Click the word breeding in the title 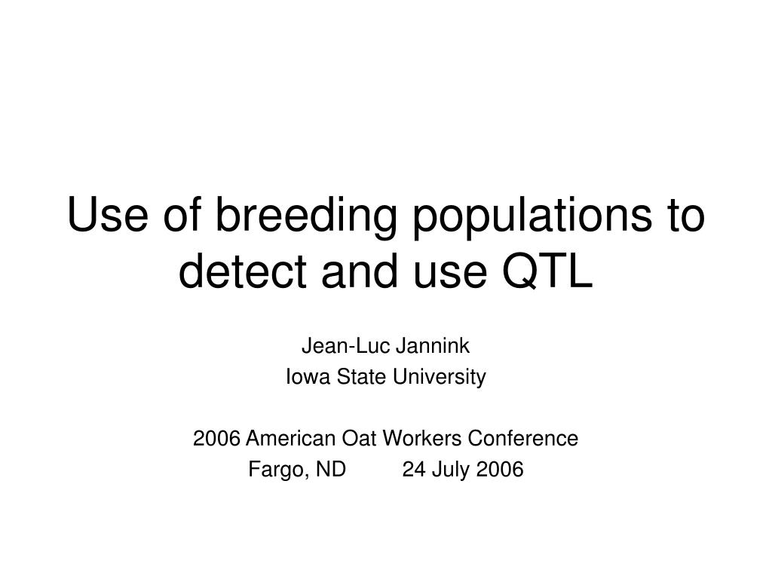tap(306, 216)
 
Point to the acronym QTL tap(547, 271)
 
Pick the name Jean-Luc tap(345, 345)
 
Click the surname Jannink tap(433, 345)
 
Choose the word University tap(440, 378)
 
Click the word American tap(290, 438)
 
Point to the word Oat tap(359, 438)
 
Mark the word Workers tap(422, 438)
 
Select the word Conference tap(523, 438)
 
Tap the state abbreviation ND tap(331, 469)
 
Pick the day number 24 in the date tap(414, 469)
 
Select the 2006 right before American tap(216, 438)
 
